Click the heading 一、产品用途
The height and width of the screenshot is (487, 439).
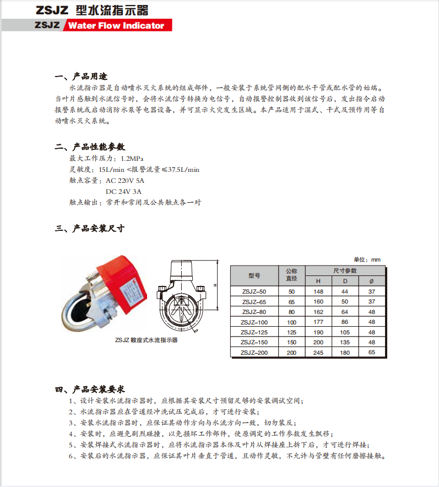coord(81,76)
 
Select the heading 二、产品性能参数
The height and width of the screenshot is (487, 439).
coord(90,147)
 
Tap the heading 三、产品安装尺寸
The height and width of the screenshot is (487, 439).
coord(90,229)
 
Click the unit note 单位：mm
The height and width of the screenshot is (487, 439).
coord(367,259)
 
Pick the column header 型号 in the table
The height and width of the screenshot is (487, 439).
coord(254,275)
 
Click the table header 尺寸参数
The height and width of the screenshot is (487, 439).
coord(345,270)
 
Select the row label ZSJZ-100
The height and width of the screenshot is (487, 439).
coord(254,322)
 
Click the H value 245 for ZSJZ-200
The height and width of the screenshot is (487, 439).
coord(318,353)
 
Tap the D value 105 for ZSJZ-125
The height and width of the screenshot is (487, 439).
coord(345,332)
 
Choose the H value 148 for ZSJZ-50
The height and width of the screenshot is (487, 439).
coord(318,291)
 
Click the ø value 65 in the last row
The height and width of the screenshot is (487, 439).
coord(371,353)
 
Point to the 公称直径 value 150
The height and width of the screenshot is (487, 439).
coord(291,343)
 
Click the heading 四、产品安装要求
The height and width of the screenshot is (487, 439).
coord(90,389)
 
